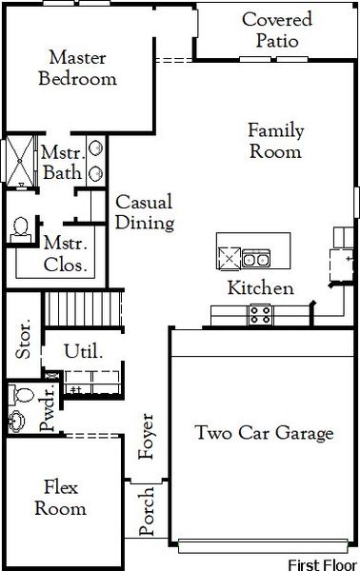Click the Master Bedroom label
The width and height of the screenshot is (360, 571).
pos(77,68)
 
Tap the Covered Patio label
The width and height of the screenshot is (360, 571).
pos(276,30)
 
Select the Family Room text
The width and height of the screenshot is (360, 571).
pos(274,140)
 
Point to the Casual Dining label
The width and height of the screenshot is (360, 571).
pos(144,212)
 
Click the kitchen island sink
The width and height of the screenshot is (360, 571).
pos(254,256)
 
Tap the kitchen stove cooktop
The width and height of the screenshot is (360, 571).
pos(260,313)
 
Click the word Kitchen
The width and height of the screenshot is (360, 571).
pos(259,288)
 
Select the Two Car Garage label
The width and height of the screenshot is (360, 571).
pos(264,434)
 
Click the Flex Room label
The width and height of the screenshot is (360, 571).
pos(61,498)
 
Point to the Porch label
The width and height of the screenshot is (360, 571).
pos(147,511)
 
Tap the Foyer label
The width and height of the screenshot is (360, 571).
pos(147,437)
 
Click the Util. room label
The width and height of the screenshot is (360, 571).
pos(83,351)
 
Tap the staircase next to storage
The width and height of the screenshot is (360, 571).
pos(86,309)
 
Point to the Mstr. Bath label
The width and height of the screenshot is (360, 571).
pos(62,163)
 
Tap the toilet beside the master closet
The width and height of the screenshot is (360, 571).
pos(19,228)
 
